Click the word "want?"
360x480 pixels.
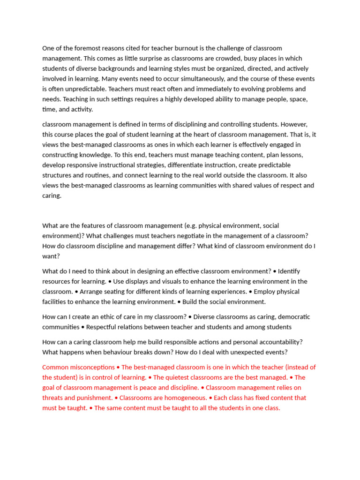pyautogui.click(x=51, y=256)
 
